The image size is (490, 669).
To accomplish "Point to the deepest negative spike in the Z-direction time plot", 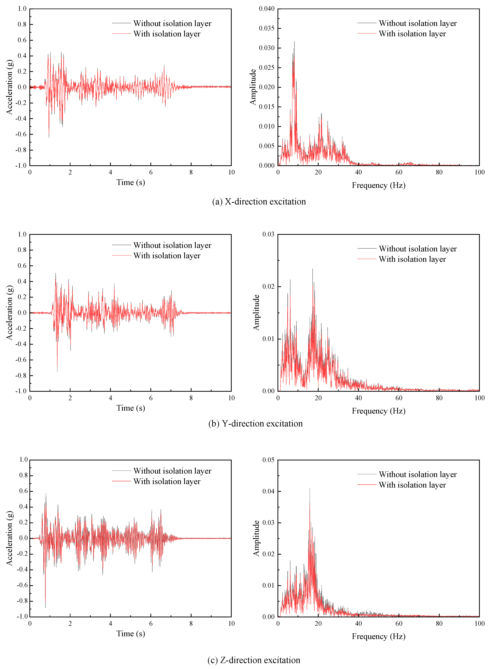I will (45, 607).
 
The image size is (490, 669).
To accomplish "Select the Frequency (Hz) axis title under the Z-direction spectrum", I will (378, 636).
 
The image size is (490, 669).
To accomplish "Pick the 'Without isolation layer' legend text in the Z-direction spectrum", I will (418, 474).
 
